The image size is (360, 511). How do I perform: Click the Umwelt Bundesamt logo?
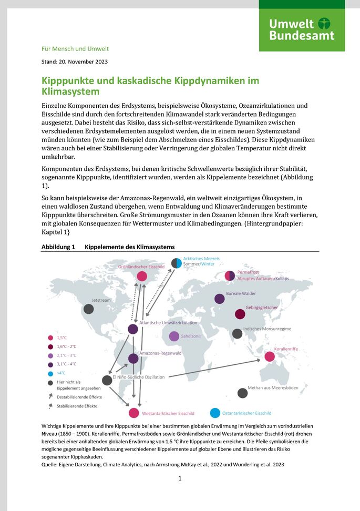click(x=302, y=29)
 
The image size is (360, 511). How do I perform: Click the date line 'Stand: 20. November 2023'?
click(x=75, y=62)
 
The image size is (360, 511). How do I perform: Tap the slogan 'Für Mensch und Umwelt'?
click(x=75, y=49)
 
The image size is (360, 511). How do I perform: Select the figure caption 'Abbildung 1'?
click(x=58, y=247)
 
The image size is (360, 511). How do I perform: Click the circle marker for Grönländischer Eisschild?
click(x=142, y=276)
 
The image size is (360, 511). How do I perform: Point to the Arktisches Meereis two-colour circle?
click(x=177, y=263)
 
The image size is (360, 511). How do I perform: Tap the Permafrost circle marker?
click(x=230, y=275)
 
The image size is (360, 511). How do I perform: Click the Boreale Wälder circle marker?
click(x=220, y=299)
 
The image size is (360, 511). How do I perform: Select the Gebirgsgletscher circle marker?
click(x=240, y=314)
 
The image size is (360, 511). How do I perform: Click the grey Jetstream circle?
click(x=89, y=309)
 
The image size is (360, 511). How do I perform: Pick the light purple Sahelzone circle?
click(x=174, y=336)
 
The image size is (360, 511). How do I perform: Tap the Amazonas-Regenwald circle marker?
click(x=133, y=359)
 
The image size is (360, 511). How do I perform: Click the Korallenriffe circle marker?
click(x=270, y=356)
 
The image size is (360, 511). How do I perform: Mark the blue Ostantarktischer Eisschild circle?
click(x=215, y=413)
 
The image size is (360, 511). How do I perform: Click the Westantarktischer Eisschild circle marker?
click(x=134, y=413)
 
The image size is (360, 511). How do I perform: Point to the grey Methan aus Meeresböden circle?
click(x=242, y=393)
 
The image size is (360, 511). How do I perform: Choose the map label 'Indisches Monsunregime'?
click(x=267, y=329)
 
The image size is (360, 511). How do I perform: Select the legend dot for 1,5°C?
click(x=50, y=338)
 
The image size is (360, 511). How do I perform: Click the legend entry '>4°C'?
click(x=61, y=373)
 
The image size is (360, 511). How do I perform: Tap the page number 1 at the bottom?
click(x=180, y=478)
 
